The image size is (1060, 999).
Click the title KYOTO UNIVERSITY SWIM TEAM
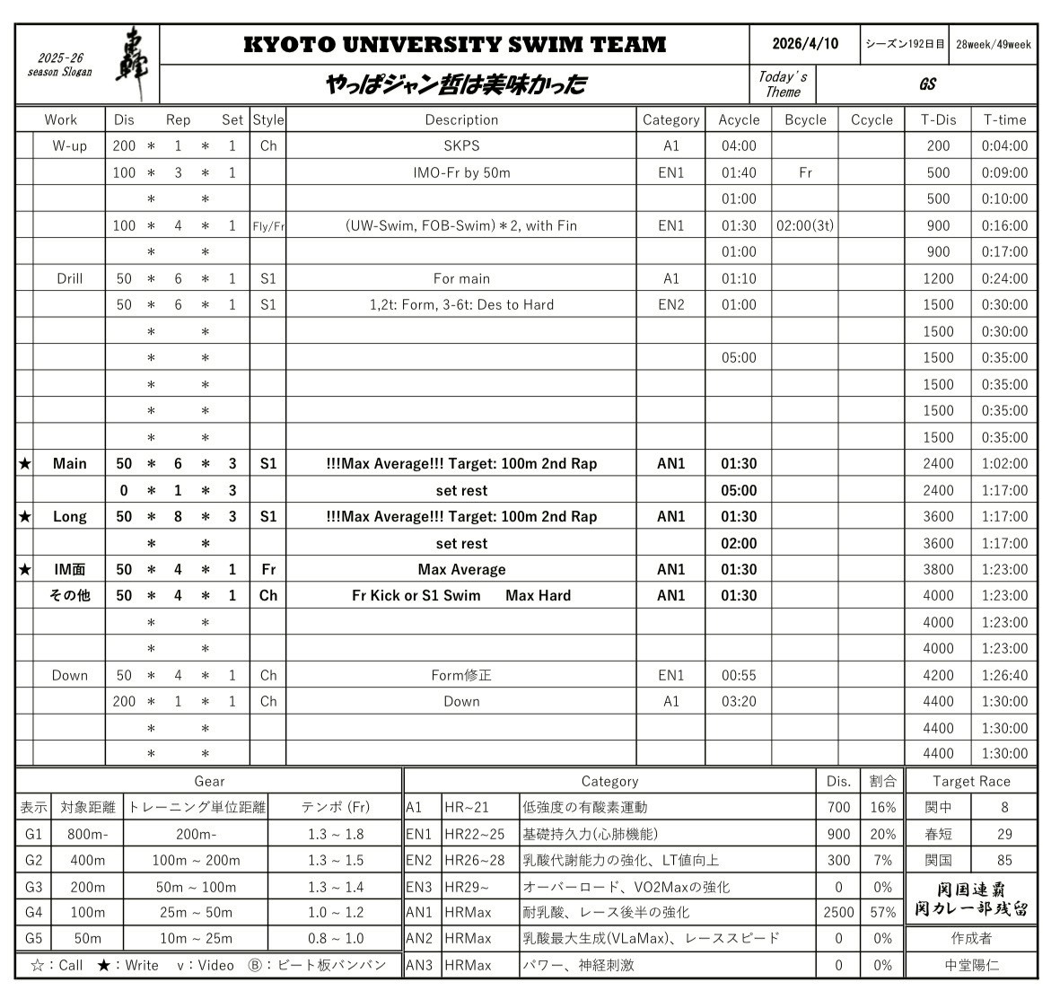(454, 44)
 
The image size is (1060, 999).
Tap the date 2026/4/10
(805, 44)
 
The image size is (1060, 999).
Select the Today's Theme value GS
(927, 84)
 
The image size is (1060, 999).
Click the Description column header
(461, 119)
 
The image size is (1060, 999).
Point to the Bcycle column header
(805, 119)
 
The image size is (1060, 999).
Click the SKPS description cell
(461, 145)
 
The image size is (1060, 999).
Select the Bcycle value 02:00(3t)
(805, 225)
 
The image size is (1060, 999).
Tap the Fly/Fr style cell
(268, 225)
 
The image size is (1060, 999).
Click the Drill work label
(69, 278)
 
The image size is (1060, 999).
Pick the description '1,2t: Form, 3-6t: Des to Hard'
(461, 304)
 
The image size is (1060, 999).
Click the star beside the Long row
(25, 517)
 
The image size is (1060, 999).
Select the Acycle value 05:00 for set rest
(739, 490)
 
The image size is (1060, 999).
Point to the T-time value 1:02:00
(1004, 464)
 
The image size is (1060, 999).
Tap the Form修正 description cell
(461, 675)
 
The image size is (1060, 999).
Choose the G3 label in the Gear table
(33, 887)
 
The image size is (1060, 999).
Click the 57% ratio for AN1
(882, 912)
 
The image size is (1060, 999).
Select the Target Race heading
(971, 781)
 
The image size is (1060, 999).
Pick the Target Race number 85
(1004, 860)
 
